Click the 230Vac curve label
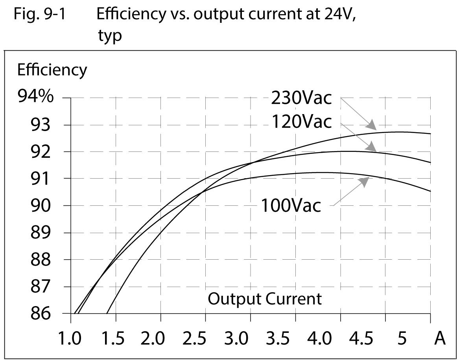point(301,98)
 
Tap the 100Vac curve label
point(291,206)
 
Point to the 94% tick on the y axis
point(35,97)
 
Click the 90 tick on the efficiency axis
point(41,205)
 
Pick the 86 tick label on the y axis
point(41,314)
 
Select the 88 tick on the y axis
point(41,260)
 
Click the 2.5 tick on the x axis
point(205,338)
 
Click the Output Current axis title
point(264,299)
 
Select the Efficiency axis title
point(52,70)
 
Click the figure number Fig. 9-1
point(40,15)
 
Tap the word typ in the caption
point(110,35)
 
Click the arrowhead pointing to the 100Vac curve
point(365,181)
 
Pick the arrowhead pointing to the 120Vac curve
point(371,147)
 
